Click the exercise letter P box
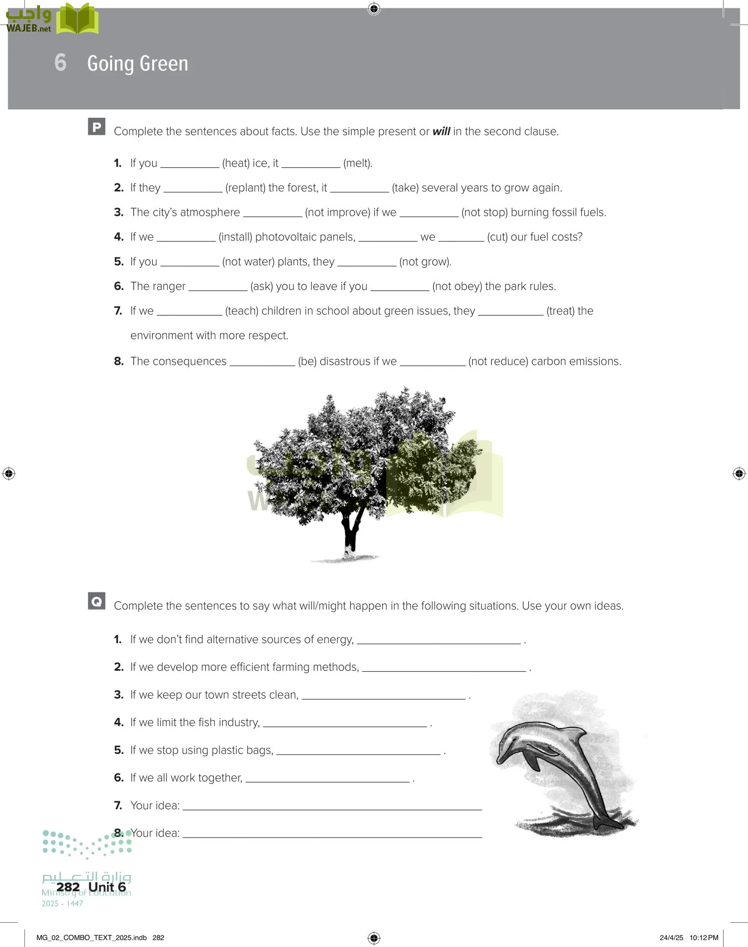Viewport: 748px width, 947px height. point(96,127)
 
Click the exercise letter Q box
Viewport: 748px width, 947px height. point(96,601)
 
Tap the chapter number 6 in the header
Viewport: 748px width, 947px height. point(61,63)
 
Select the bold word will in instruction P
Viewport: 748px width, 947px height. point(441,132)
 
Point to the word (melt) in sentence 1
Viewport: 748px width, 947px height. point(357,164)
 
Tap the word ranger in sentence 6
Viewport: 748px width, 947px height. point(169,287)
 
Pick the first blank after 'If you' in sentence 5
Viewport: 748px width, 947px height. point(190,263)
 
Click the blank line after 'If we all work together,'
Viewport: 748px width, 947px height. point(327,779)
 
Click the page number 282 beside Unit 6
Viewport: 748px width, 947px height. point(68,887)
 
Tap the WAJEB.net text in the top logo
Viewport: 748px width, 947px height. point(28,28)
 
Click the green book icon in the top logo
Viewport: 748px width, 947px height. point(77,19)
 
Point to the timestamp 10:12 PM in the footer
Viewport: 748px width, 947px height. point(704,938)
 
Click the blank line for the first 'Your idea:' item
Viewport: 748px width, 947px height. point(332,806)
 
